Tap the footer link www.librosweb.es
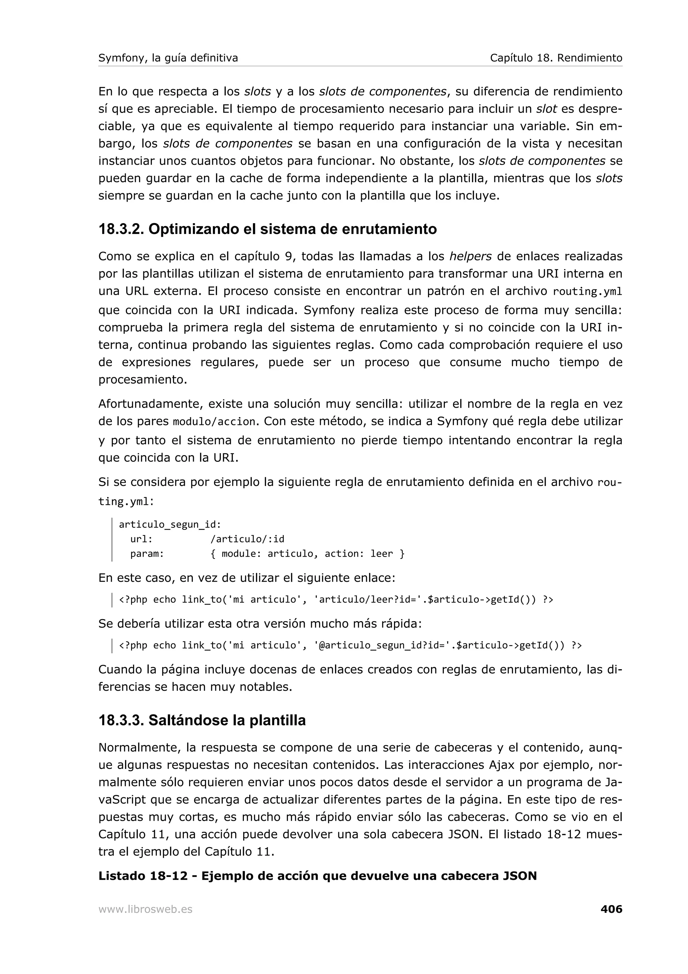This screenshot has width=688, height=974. [145, 909]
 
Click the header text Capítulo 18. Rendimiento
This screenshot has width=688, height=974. [556, 58]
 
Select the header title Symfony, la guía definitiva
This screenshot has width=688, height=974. [168, 58]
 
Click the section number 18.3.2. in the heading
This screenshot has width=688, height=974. [121, 229]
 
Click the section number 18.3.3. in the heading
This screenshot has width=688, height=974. [121, 720]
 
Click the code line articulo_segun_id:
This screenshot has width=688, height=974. [170, 524]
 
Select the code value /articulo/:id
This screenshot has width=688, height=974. [247, 539]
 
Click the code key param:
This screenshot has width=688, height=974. [147, 554]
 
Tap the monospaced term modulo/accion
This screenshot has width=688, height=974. [215, 422]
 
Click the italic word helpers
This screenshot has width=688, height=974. [470, 256]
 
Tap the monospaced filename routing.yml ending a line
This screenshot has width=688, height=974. [588, 292]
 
